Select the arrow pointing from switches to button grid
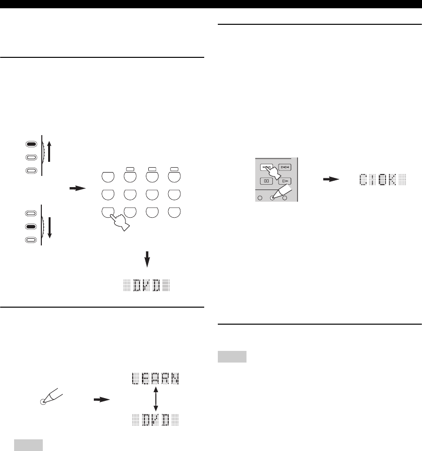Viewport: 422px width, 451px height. click(77, 187)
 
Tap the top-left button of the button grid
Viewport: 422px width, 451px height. click(109, 175)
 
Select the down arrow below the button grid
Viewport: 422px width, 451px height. click(147, 260)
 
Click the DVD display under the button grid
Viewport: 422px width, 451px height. click(147, 286)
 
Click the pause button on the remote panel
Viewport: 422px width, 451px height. click(266, 181)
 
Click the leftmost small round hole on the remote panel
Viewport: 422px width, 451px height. click(260, 197)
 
